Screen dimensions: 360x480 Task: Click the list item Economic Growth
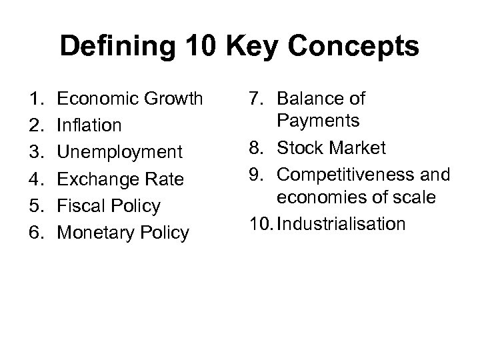coord(130,99)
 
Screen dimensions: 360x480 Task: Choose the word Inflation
coord(89,125)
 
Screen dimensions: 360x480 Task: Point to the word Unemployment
coord(119,152)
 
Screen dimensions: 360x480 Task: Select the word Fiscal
coord(79,206)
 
